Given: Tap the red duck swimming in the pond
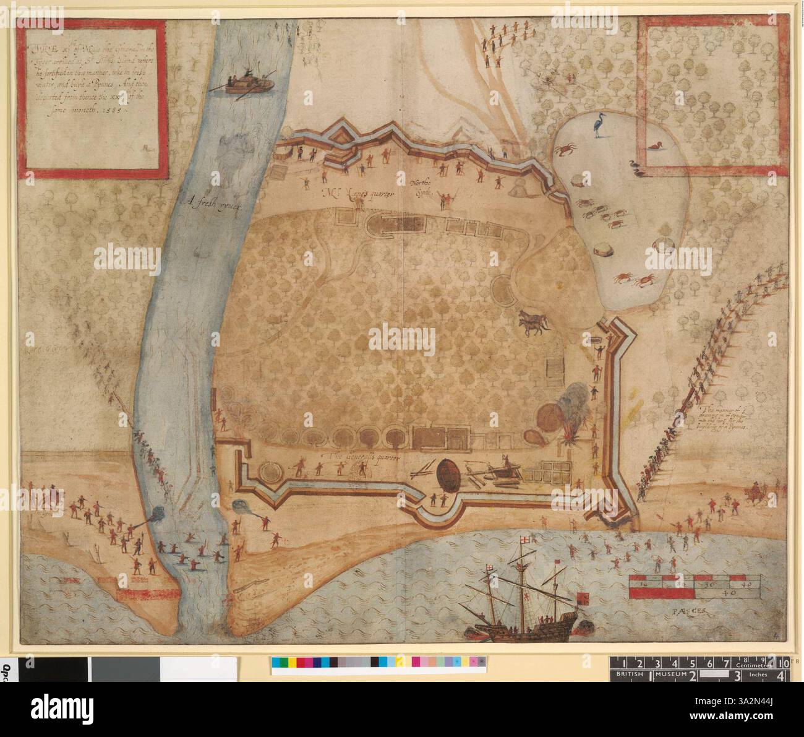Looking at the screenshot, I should tap(654, 147).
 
